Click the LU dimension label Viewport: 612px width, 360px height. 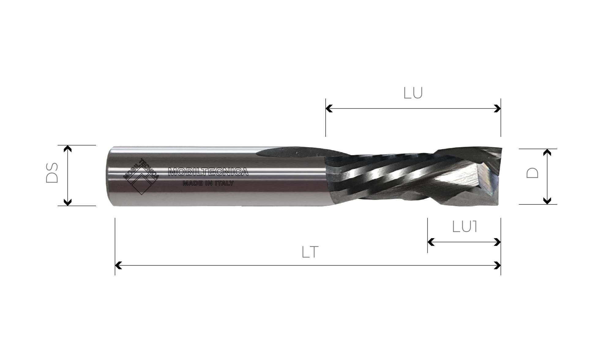coord(413,93)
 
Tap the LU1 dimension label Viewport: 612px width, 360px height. coord(465,227)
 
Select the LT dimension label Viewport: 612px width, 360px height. coord(310,252)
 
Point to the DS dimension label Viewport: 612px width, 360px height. coord(52,173)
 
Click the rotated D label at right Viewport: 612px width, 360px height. coord(532,173)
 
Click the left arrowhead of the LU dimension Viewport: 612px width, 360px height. coord(329,108)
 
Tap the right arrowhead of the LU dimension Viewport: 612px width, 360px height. coord(498,108)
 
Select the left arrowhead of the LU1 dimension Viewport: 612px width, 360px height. coord(431,242)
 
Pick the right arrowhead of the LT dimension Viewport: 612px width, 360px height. coord(498,265)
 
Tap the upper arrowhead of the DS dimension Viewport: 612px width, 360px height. coord(68,149)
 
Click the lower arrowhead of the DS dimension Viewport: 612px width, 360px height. coord(68,202)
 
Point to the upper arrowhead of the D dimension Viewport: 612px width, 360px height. coord(547,152)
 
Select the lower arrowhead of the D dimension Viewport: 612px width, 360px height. coord(547,201)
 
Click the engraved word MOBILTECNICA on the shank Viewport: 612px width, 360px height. coord(208,172)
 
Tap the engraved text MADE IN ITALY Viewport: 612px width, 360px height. coord(208,183)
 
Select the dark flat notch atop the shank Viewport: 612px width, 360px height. coord(291,152)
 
